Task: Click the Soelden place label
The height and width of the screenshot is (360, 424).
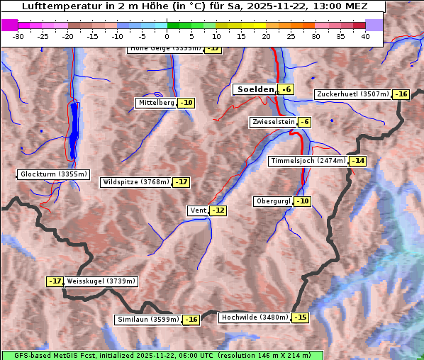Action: coord(255,90)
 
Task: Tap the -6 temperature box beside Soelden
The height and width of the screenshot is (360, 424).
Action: coord(286,90)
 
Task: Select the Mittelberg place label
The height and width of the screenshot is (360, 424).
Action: coord(156,103)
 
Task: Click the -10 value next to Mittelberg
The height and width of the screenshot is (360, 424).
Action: coord(186,103)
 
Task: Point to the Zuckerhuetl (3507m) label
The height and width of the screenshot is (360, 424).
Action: coord(353,94)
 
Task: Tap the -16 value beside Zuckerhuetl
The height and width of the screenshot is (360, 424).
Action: coord(401,94)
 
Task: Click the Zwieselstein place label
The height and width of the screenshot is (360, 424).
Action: coord(273,122)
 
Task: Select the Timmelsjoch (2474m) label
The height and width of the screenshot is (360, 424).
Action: coord(308,161)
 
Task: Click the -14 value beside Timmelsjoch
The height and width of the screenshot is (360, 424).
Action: coord(357,161)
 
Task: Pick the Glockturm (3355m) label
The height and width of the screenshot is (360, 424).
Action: coord(53,174)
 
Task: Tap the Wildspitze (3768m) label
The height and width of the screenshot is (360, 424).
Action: coord(136,182)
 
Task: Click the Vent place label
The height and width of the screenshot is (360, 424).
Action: coord(197,210)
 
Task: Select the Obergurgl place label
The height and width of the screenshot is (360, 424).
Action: coord(273,201)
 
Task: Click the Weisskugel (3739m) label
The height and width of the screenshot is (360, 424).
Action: coord(101,281)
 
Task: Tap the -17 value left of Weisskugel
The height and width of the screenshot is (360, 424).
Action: coord(55,281)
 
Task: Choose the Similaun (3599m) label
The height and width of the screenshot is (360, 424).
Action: coord(148,320)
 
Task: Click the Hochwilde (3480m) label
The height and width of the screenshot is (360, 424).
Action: coord(255,317)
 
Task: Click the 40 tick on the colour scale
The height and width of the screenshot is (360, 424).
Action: coord(365,35)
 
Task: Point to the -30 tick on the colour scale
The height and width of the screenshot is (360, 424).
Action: coord(18,35)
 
